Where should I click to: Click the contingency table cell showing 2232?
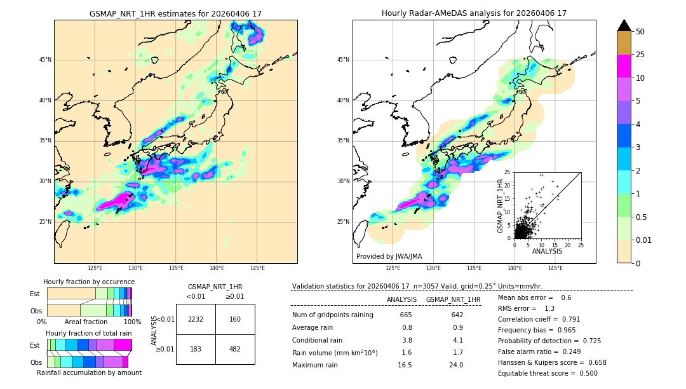click(x=196, y=319)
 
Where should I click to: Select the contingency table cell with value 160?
click(x=235, y=319)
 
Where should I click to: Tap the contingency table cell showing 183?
click(x=196, y=350)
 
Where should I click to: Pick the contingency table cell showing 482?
click(x=235, y=350)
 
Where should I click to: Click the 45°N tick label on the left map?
click(x=45, y=60)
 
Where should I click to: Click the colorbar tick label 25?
click(x=640, y=55)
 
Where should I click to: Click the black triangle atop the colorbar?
click(x=624, y=25)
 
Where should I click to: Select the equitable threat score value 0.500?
click(x=585, y=373)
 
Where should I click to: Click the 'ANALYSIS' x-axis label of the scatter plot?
click(x=547, y=251)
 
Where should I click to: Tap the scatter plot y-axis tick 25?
click(x=508, y=172)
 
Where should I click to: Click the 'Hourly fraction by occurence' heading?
click(x=89, y=282)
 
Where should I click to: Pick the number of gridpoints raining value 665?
click(x=406, y=315)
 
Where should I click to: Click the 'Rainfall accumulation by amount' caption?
click(x=94, y=372)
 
